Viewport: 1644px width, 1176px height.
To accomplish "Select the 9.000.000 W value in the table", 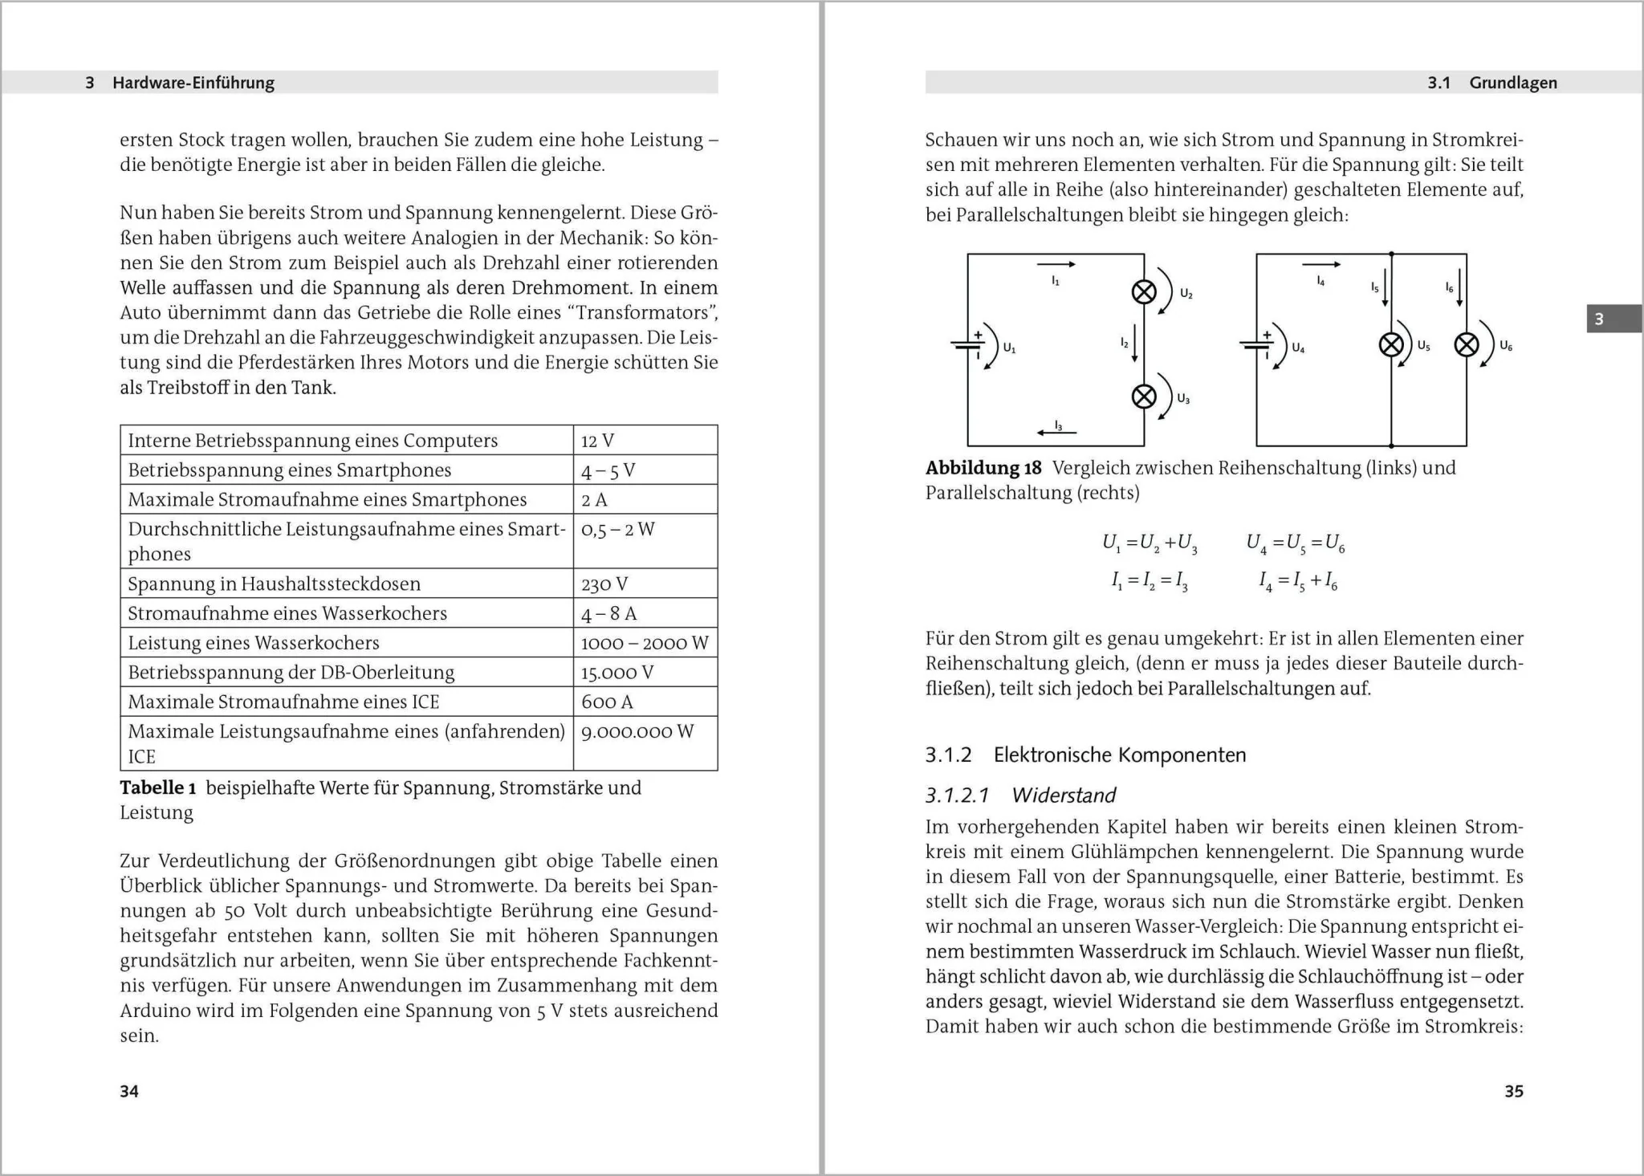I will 637,731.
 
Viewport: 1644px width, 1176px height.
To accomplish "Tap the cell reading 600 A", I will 607,702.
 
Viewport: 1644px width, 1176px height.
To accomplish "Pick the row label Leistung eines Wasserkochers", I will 253,643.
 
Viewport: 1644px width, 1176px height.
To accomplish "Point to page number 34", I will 129,1091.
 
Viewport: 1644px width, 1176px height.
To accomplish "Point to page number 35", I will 1513,1091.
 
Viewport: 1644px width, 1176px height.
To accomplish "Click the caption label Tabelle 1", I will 157,787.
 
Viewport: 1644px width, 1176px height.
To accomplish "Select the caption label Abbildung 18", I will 983,468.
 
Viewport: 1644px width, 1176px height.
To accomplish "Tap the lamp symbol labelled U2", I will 1144,292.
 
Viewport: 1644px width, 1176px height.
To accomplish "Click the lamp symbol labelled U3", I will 1144,396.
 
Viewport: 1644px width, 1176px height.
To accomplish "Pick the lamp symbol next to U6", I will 1467,345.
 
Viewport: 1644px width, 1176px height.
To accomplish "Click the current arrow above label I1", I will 1056,264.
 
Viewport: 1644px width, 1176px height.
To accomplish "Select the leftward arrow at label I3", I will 1056,433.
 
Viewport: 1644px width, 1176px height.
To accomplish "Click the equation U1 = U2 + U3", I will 1150,544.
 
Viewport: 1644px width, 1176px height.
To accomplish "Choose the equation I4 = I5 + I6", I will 1297,580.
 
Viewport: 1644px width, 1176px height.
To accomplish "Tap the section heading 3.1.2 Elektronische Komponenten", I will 1085,755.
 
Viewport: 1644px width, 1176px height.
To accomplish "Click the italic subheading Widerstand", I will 1064,795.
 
